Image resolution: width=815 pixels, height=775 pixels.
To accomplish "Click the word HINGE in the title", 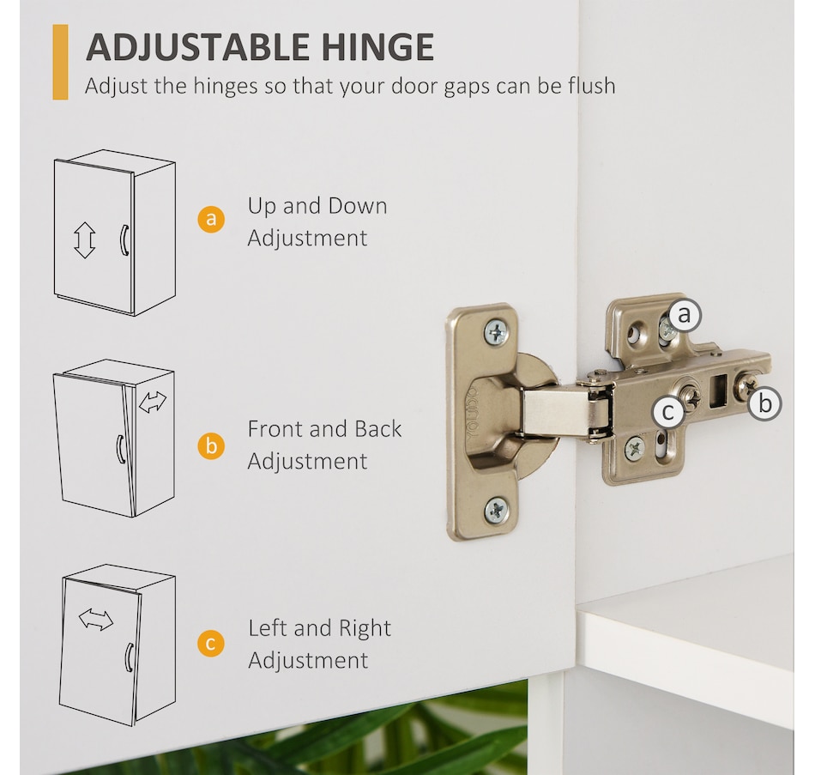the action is click(x=377, y=47).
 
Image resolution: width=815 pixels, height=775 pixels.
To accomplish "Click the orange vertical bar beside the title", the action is click(x=60, y=62).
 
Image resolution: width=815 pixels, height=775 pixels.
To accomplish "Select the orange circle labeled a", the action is click(x=211, y=219).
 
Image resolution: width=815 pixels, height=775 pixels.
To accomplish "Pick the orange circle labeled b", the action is click(x=211, y=446).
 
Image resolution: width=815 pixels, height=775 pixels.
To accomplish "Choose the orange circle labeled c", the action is click(x=211, y=644).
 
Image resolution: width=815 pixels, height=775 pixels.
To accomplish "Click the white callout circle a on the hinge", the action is click(x=685, y=315).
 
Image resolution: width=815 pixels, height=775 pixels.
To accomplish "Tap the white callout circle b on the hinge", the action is click(x=764, y=403).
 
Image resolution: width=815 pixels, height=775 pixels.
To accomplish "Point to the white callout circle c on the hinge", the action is click(x=669, y=412).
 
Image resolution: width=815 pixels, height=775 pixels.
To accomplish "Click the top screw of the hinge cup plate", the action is click(x=497, y=331).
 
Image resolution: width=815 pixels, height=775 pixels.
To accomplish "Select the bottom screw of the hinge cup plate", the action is click(x=497, y=511).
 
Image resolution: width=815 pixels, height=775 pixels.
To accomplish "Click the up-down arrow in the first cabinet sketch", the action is click(x=84, y=240).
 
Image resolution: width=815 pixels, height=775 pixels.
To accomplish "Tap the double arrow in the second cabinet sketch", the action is click(x=153, y=402).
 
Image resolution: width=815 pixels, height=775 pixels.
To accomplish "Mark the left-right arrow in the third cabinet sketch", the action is click(x=95, y=620).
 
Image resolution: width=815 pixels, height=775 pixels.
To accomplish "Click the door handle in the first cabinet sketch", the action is click(x=124, y=240).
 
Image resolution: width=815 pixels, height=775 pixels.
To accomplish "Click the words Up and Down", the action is click(x=317, y=207).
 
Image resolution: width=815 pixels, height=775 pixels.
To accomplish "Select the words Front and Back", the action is click(x=324, y=429).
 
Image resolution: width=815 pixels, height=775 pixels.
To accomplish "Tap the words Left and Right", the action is click(x=319, y=628).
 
